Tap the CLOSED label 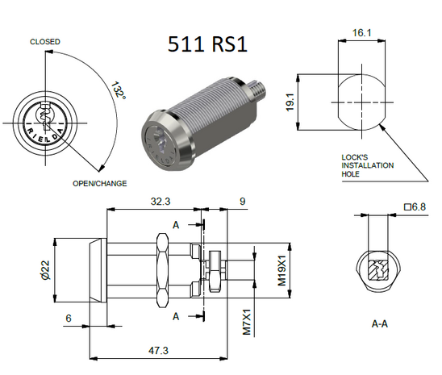pos(46,41)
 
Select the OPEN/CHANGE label pos(100,184)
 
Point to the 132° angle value pos(119,95)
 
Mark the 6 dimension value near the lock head pos(69,319)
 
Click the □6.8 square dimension pos(414,207)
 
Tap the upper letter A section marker pos(176,225)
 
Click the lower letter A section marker pos(176,316)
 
